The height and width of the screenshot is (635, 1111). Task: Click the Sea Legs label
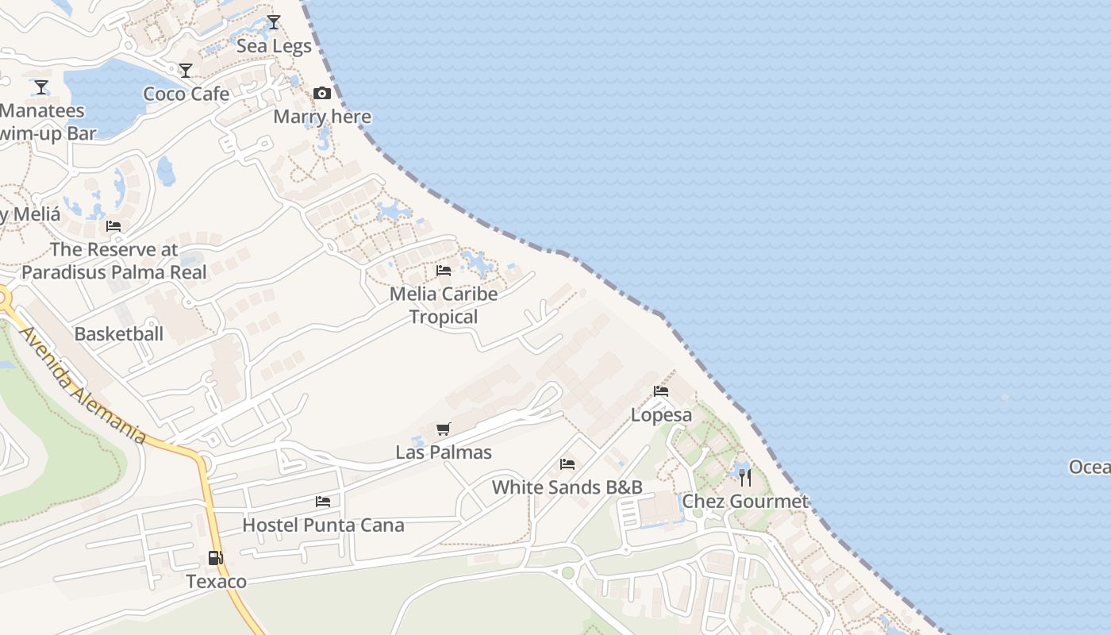(275, 46)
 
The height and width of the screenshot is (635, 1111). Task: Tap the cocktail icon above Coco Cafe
(186, 71)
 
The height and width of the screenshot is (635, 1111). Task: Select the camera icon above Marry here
(322, 94)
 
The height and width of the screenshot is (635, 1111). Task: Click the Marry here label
(322, 117)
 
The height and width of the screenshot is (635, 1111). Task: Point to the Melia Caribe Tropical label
(444, 305)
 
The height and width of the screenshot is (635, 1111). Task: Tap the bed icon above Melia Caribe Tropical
(444, 271)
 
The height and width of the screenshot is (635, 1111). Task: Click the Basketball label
(119, 333)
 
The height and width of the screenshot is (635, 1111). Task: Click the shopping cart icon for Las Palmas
(444, 429)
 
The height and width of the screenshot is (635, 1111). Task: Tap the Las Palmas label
(444, 452)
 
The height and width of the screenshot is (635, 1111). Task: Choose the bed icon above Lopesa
(660, 391)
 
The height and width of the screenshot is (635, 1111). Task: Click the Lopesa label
(661, 414)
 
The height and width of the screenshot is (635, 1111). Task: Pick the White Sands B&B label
(567, 487)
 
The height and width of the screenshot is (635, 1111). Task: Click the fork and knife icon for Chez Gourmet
(745, 477)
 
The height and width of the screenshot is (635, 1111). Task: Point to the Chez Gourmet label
(745, 501)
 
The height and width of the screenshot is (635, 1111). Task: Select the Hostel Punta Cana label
(323, 525)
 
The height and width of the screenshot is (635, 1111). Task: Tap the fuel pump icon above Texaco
(216, 558)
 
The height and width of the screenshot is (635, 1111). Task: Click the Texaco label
(217, 581)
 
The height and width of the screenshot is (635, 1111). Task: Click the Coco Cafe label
(186, 94)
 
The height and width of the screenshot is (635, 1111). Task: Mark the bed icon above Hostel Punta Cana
(323, 502)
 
